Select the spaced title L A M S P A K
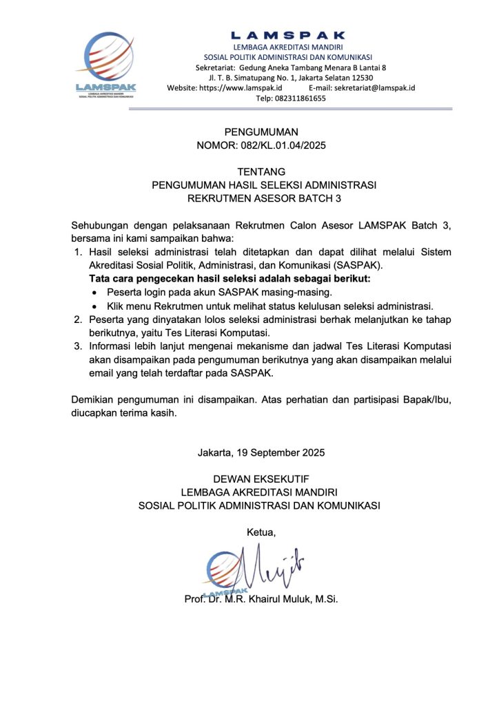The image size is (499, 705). click(x=287, y=35)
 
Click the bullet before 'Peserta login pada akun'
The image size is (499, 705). click(x=96, y=293)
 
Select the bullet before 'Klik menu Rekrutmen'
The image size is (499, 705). click(x=96, y=306)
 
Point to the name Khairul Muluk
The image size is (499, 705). click(x=279, y=599)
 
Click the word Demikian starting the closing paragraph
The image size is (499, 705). click(x=92, y=400)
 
